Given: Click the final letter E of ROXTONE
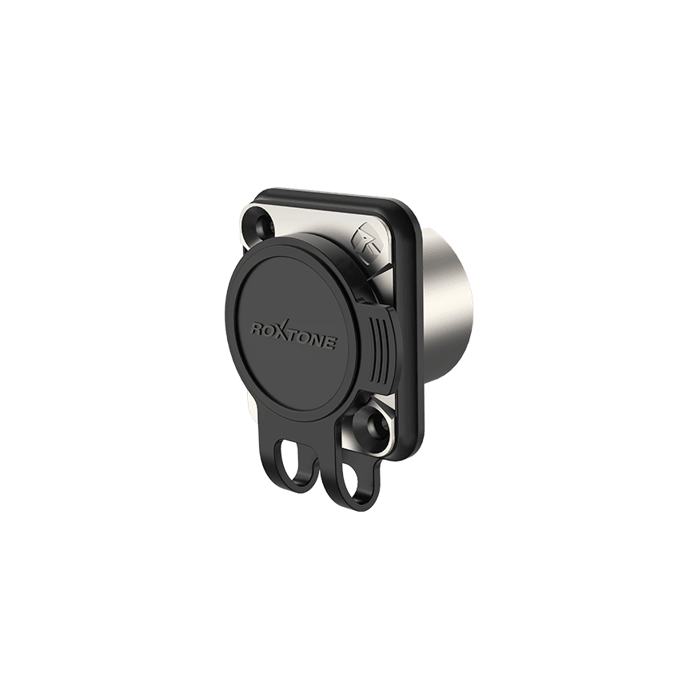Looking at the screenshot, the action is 330,345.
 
